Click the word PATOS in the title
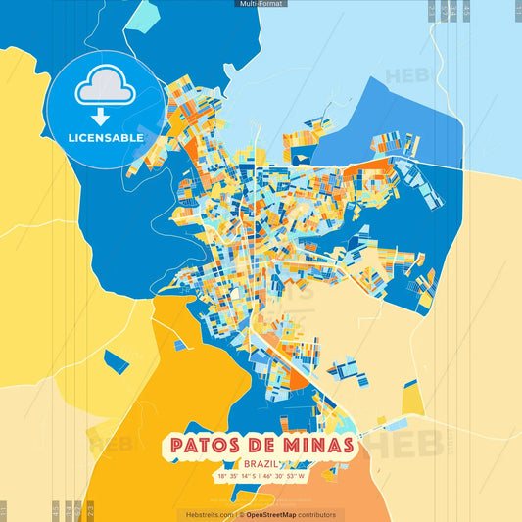click(212, 446)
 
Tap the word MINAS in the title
click(314, 446)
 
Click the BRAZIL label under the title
click(261, 463)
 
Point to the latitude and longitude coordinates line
click(261, 476)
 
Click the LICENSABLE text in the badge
click(106, 138)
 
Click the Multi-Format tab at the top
click(261, 4)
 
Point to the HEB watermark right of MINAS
click(397, 446)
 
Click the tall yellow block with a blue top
click(412, 398)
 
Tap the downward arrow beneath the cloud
click(106, 116)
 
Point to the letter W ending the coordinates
click(304, 476)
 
